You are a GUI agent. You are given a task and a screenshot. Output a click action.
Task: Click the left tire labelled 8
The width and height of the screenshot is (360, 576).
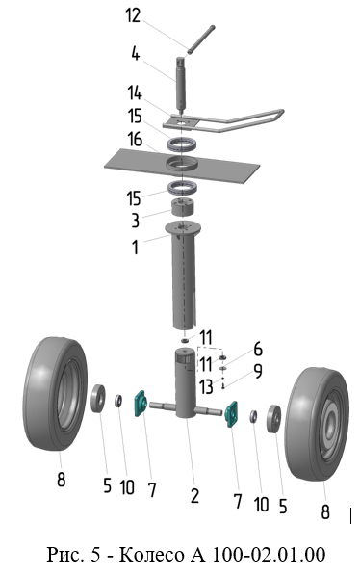[x=55, y=393]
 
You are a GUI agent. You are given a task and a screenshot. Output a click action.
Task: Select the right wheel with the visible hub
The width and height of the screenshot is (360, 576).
[x=317, y=424]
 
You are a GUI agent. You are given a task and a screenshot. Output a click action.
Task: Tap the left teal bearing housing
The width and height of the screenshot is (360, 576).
[x=141, y=404]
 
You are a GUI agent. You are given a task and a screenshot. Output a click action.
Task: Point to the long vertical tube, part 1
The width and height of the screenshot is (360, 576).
[x=183, y=277]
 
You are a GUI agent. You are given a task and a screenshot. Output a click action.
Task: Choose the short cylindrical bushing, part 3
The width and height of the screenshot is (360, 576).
[x=183, y=208]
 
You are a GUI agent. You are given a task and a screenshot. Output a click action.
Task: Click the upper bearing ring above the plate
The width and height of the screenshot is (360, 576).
[x=182, y=144]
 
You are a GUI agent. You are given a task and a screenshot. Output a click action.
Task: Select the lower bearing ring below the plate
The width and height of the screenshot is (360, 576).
[x=182, y=188]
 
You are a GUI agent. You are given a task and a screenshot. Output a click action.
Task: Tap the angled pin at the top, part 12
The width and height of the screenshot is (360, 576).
[x=201, y=39]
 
